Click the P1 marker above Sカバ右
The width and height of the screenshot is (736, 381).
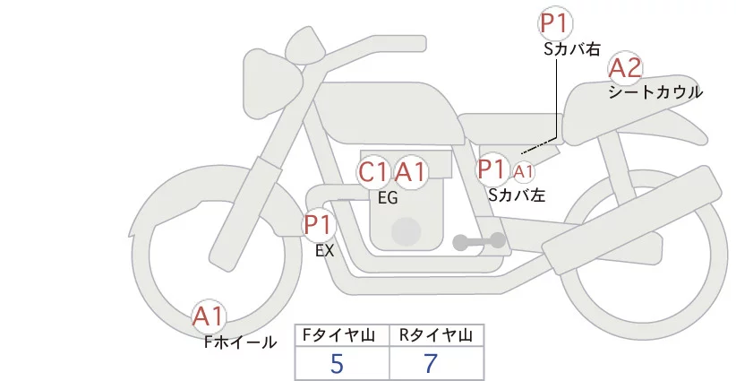pyautogui.click(x=554, y=25)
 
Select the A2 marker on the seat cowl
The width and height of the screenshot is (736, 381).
pyautogui.click(x=625, y=67)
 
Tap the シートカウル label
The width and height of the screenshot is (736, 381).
pyautogui.click(x=655, y=92)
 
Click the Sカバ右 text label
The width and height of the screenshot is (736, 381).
pyautogui.click(x=571, y=50)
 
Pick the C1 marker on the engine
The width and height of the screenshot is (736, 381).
pyautogui.click(x=373, y=171)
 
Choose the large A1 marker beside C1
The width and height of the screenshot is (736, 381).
pyautogui.click(x=411, y=171)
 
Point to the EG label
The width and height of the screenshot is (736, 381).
pyautogui.click(x=388, y=198)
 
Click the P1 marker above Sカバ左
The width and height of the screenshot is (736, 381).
pyautogui.click(x=492, y=169)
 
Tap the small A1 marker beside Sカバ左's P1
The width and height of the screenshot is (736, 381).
pyautogui.click(x=524, y=170)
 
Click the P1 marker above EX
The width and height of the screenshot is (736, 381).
pyautogui.click(x=318, y=225)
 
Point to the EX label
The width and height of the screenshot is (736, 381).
pyautogui.click(x=324, y=251)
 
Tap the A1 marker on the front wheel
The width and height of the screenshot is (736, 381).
pyautogui.click(x=209, y=316)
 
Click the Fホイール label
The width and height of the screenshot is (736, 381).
pyautogui.click(x=240, y=342)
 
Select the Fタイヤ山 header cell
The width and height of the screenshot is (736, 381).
pyautogui.click(x=341, y=335)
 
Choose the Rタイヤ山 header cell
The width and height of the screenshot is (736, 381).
pyautogui.click(x=436, y=335)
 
